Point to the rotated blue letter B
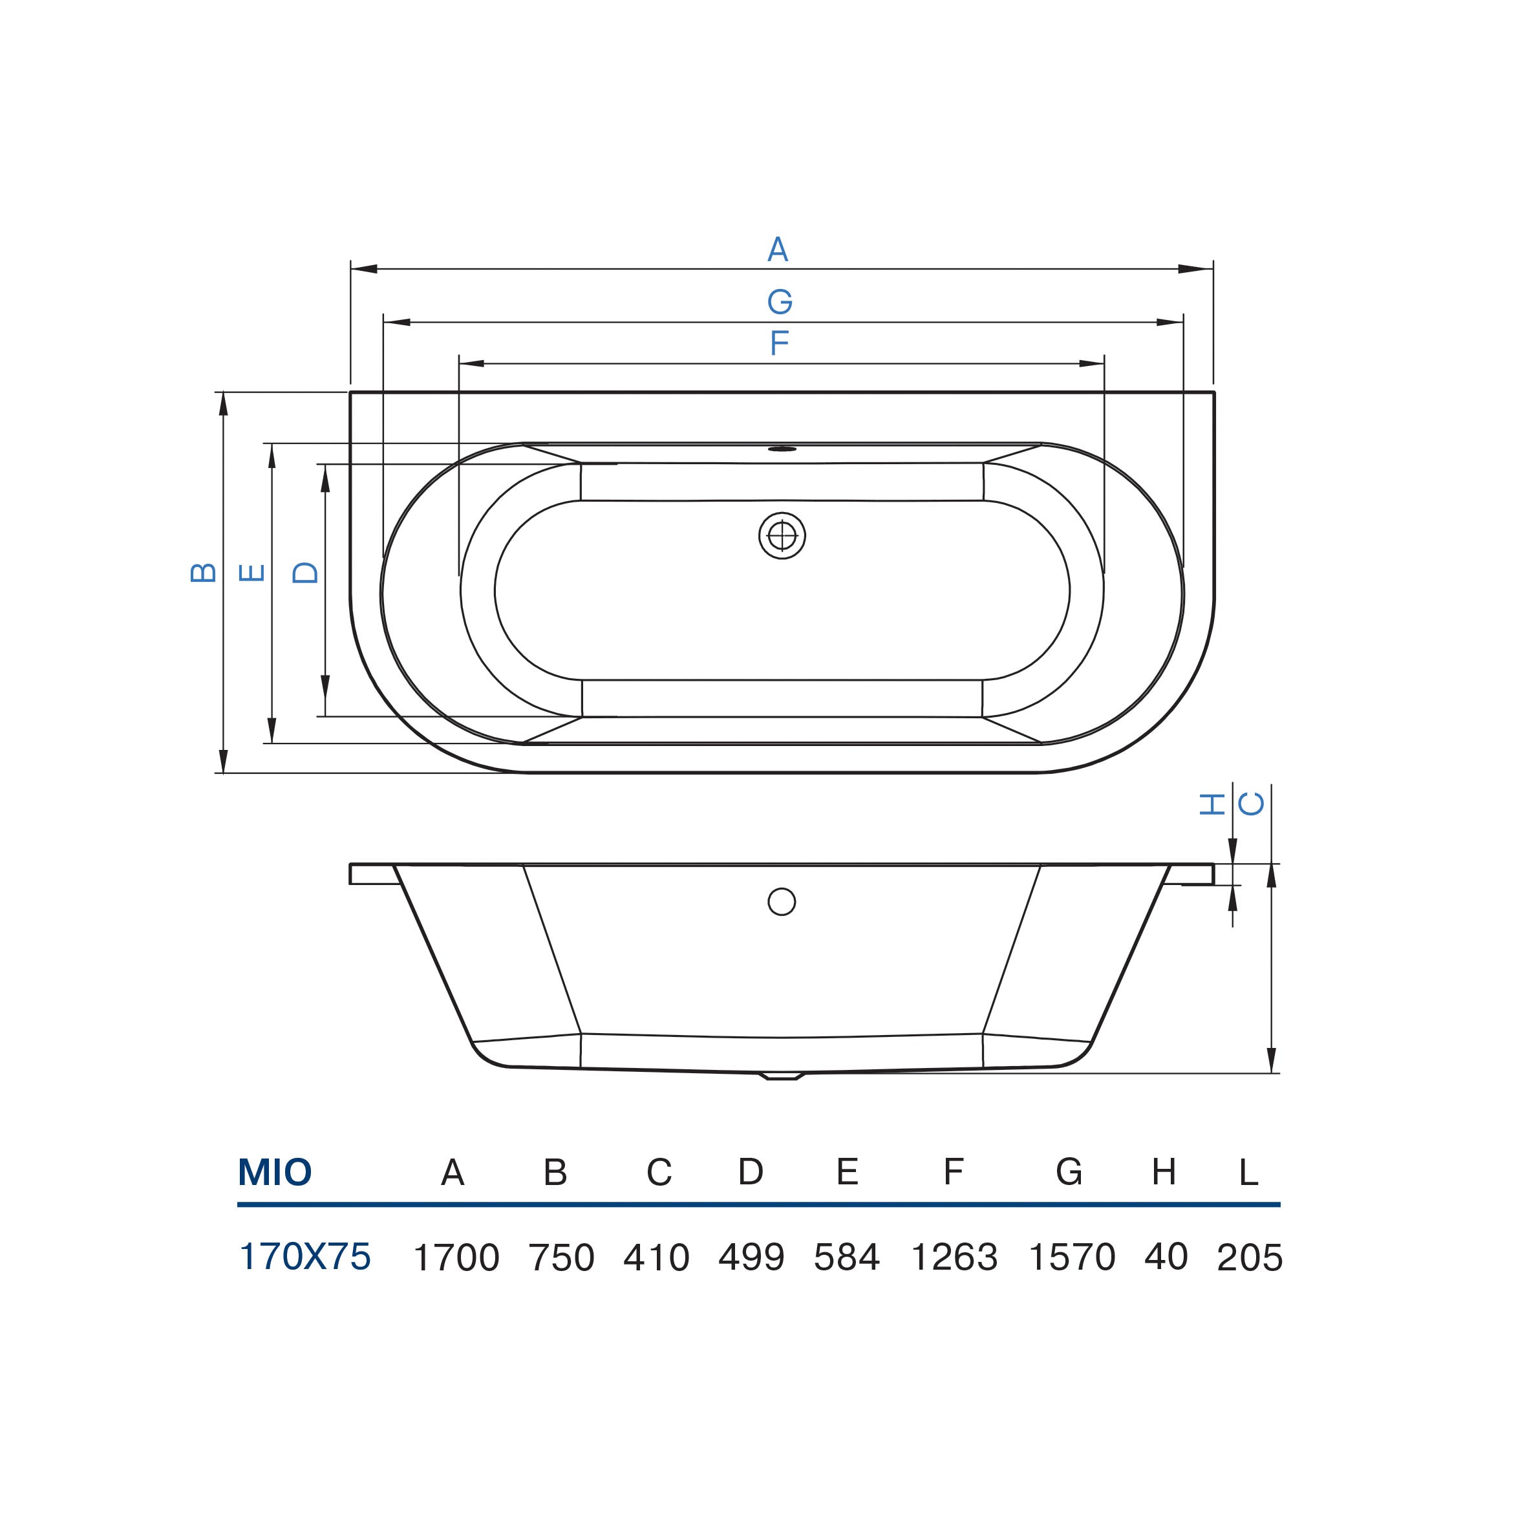pyautogui.click(x=204, y=572)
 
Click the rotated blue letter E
pyautogui.click(x=252, y=572)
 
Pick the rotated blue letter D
pyautogui.click(x=305, y=572)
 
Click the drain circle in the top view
pyautogui.click(x=782, y=536)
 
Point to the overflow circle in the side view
pyautogui.click(x=782, y=902)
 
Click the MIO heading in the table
pyautogui.click(x=275, y=1172)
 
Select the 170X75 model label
pyautogui.click(x=305, y=1257)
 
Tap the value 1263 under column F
pyautogui.click(x=954, y=1257)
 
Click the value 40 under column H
pyautogui.click(x=1166, y=1257)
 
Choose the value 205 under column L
pyautogui.click(x=1250, y=1257)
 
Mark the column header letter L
pyautogui.click(x=1248, y=1173)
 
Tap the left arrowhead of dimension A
pyautogui.click(x=363, y=269)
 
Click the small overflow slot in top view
pyautogui.click(x=782, y=449)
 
